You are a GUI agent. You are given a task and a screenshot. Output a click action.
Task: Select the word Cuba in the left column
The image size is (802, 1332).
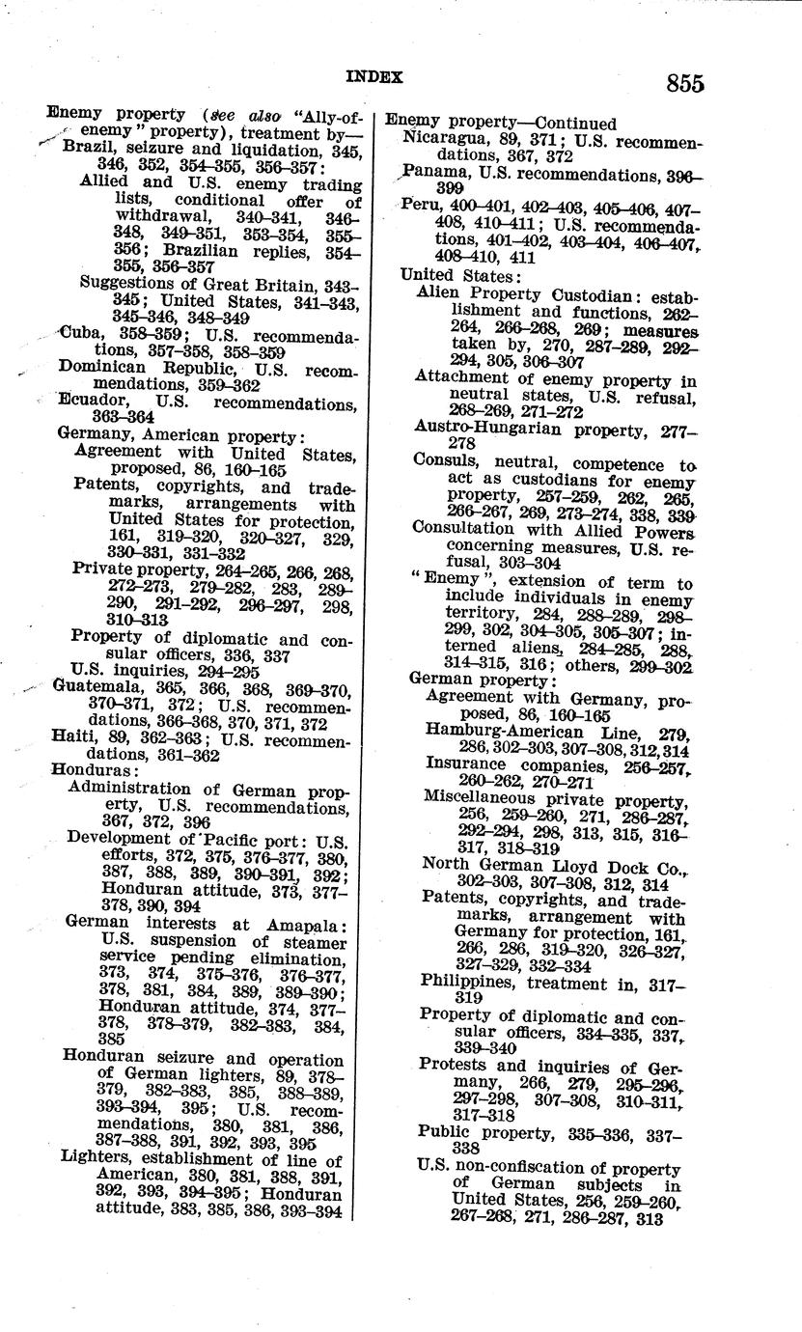(x=81, y=332)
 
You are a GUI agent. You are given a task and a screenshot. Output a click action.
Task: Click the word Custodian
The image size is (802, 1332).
(x=594, y=293)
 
